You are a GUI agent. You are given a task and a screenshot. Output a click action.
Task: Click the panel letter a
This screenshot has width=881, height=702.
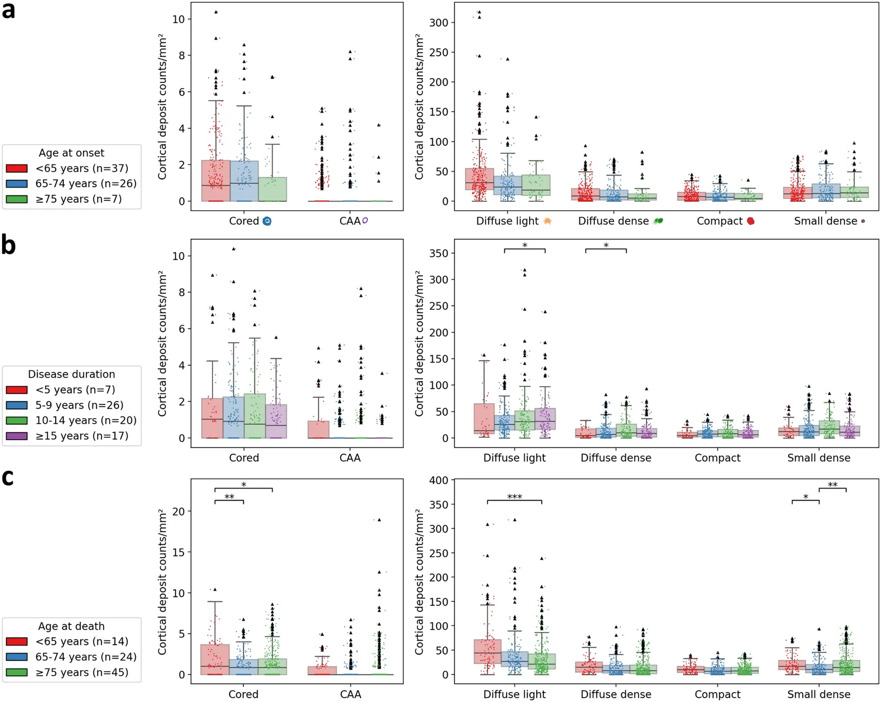(x=8, y=11)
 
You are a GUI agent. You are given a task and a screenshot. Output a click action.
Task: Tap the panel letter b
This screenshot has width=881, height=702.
(x=9, y=245)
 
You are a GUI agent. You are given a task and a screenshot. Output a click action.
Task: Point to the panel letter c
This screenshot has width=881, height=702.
(x=8, y=478)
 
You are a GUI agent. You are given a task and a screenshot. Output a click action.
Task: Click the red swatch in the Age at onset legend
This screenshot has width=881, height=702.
(x=17, y=168)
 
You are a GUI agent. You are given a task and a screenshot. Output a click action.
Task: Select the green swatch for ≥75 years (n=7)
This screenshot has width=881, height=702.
(x=17, y=199)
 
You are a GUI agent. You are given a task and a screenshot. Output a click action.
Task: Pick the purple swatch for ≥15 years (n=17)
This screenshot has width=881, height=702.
(x=17, y=436)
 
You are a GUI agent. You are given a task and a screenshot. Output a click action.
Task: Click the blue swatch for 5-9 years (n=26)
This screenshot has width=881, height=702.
(x=17, y=405)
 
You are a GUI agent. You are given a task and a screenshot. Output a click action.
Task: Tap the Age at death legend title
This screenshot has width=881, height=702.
(x=71, y=626)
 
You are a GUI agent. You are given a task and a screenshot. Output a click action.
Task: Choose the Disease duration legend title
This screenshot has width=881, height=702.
(x=71, y=374)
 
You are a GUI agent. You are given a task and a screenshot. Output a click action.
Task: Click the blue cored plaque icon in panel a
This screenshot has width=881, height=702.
(x=267, y=221)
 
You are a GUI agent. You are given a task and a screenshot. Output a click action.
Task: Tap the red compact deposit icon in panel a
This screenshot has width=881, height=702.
(x=751, y=221)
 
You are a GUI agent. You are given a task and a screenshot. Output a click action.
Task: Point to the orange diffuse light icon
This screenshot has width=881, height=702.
(x=547, y=221)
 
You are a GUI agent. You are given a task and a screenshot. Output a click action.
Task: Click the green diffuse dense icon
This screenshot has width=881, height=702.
(x=658, y=221)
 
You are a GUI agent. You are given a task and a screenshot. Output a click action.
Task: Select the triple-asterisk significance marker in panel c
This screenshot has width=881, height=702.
(x=515, y=497)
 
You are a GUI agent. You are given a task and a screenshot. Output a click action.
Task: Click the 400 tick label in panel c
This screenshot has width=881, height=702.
(x=438, y=480)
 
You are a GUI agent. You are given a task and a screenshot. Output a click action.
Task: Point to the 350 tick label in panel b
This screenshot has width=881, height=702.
(x=438, y=254)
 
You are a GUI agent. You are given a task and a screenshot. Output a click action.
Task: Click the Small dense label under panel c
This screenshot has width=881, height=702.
(x=818, y=695)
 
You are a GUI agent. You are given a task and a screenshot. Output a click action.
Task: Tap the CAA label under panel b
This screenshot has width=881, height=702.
(x=350, y=458)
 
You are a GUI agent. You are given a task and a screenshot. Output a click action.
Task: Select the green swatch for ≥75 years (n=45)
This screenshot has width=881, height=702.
(x=17, y=672)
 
